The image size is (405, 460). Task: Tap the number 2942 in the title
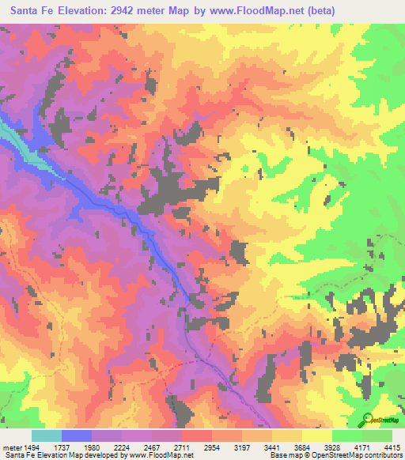point(123,11)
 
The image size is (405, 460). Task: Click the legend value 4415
point(394,447)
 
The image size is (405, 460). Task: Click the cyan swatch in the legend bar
point(47,435)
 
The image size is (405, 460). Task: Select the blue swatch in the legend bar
point(77,435)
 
